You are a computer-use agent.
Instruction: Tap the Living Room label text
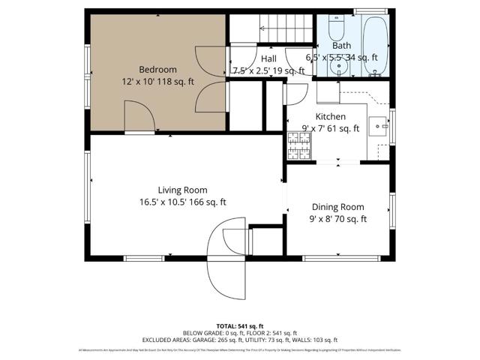[182, 190]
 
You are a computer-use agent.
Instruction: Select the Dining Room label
[337, 207]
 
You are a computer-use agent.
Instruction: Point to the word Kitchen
[330, 116]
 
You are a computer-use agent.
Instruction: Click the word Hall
[268, 58]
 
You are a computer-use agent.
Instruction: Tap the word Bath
[341, 45]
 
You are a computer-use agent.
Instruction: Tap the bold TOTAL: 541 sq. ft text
[240, 325]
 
